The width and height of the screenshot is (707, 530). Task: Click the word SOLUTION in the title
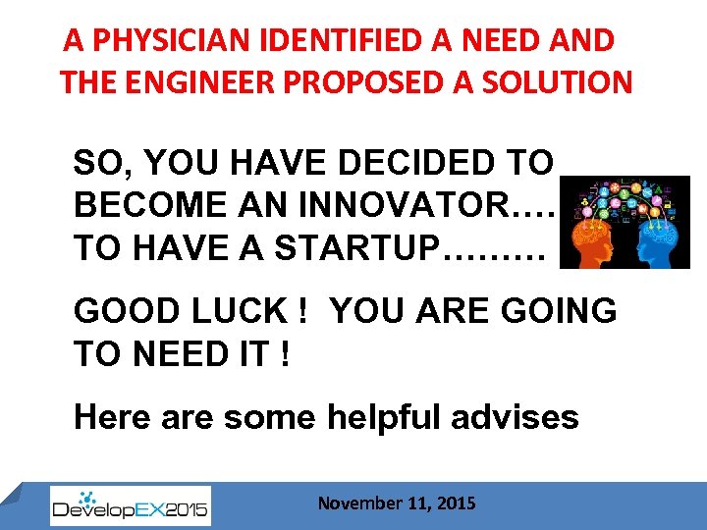pos(547,81)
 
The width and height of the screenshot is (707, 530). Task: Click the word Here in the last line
pos(110,417)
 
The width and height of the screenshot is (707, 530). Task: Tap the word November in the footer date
pos(359,503)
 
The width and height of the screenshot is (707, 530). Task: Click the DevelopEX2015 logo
pos(130,506)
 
